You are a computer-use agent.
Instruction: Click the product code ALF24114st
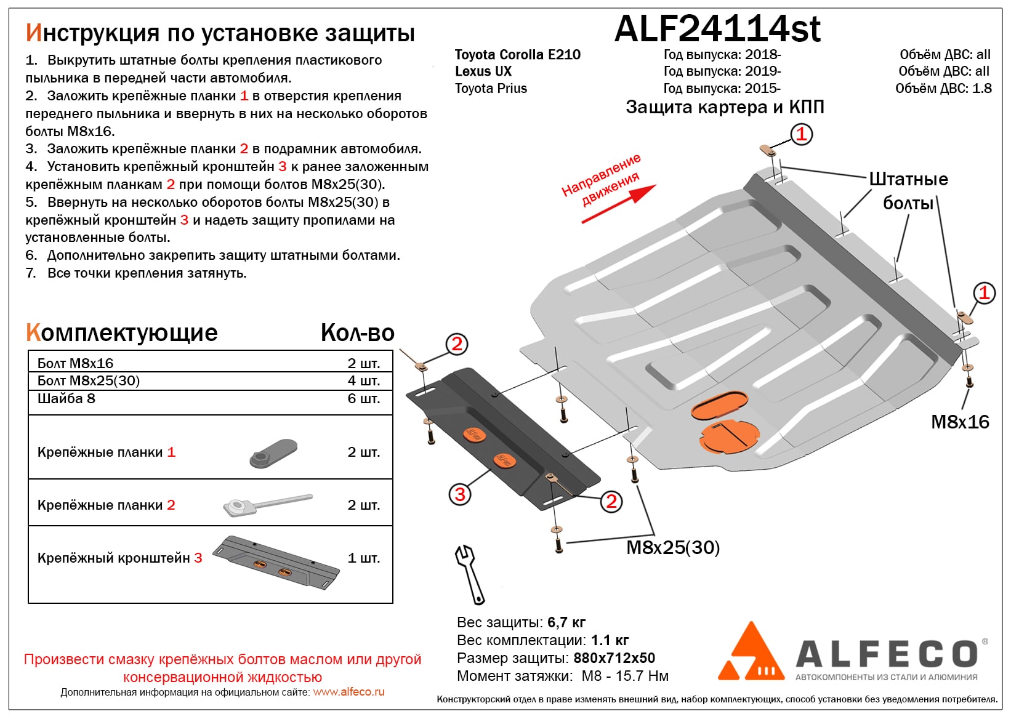tap(718, 30)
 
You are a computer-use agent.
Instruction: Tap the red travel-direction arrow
tap(618, 204)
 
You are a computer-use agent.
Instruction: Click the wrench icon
tap(469, 575)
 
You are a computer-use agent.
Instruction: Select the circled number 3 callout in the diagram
tap(459, 494)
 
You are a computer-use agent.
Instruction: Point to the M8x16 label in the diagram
tap(960, 422)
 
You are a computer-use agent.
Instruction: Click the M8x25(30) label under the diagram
tap(673, 547)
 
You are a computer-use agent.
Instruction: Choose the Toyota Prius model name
tap(491, 88)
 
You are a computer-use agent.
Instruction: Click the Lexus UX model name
tap(483, 71)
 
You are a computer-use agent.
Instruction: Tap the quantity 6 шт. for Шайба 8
tap(363, 398)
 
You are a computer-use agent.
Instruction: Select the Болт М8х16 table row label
tap(75, 363)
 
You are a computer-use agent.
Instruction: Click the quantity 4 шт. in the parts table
tap(363, 380)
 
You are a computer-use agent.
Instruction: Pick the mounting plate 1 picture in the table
tap(273, 452)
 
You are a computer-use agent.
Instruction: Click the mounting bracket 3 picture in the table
tap(276, 563)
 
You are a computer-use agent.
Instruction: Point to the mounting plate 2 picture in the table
tap(267, 505)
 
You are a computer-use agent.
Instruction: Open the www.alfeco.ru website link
tap(348, 692)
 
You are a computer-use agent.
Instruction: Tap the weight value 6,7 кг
tap(566, 622)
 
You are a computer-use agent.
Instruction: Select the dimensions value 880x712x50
tap(614, 658)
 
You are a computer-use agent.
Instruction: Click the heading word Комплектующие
tap(121, 333)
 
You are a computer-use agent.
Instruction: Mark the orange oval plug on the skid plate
tap(719, 404)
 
